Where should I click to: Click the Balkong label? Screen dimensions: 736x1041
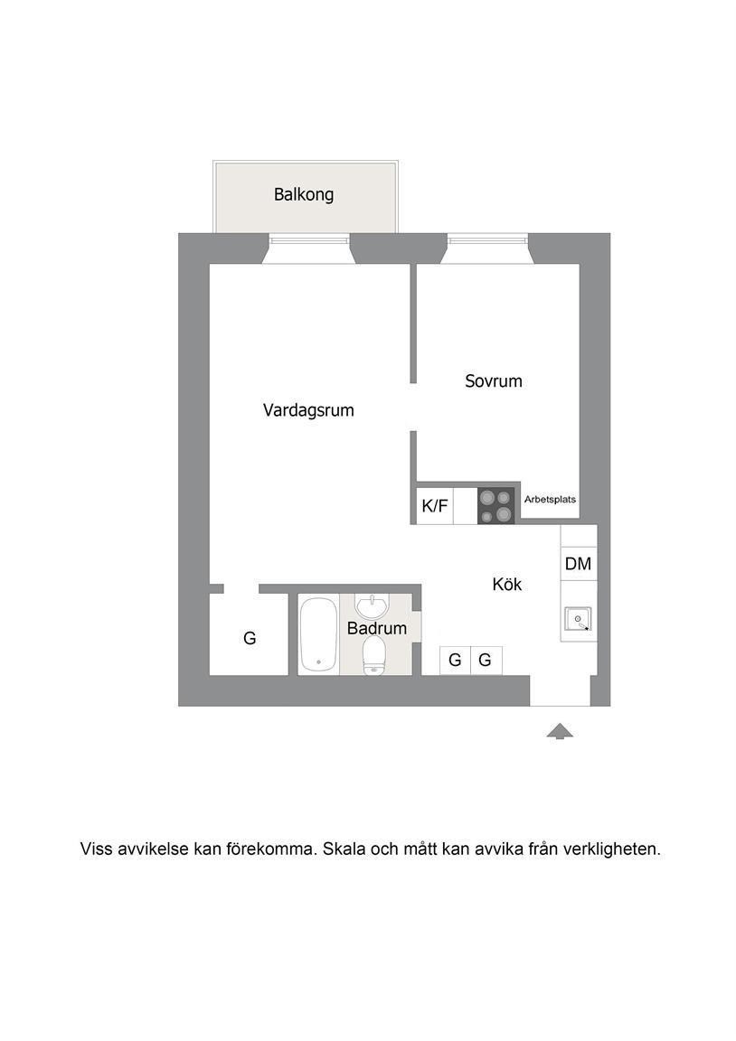click(x=304, y=194)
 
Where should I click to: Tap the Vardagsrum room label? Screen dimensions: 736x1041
click(x=308, y=410)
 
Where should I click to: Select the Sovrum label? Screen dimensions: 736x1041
click(x=494, y=381)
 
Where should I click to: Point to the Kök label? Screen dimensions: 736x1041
click(x=507, y=585)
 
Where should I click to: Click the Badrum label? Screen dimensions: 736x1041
click(x=377, y=628)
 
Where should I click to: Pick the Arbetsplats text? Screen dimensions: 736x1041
click(x=550, y=499)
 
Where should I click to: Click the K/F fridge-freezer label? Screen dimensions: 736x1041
click(x=435, y=507)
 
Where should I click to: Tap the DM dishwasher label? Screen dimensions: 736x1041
click(x=578, y=564)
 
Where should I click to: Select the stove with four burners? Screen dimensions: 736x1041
click(x=496, y=506)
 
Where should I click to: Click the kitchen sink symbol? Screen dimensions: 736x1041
click(x=577, y=619)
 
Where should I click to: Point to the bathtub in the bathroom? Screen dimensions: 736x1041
click(x=318, y=634)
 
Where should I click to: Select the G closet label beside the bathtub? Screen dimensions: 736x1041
click(x=250, y=638)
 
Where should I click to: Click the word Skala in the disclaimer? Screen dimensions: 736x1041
click(x=344, y=849)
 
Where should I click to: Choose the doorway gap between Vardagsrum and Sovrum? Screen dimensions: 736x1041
click(x=413, y=407)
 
